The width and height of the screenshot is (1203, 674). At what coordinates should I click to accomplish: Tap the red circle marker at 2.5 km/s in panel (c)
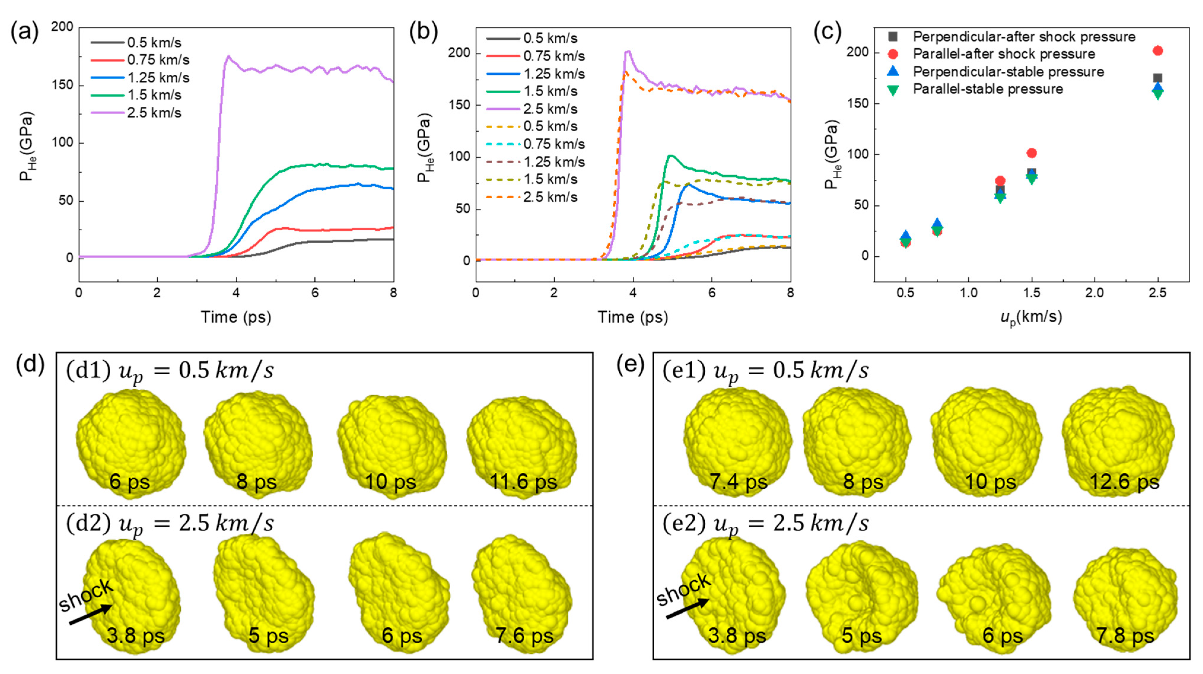[1157, 50]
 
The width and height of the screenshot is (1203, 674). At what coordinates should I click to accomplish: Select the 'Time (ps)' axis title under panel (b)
[632, 317]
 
